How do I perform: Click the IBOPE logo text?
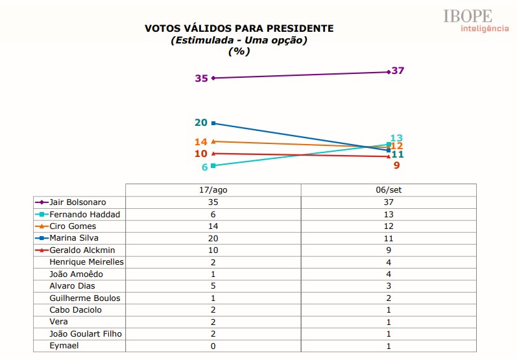click(467, 16)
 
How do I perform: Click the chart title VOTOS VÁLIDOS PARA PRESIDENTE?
click(239, 29)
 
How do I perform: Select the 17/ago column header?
click(213, 190)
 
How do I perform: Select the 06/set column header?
click(389, 190)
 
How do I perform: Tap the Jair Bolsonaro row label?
click(78, 202)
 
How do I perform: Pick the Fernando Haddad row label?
click(84, 214)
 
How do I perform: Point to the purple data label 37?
click(398, 71)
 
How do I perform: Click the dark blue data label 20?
click(200, 123)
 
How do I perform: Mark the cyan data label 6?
click(204, 167)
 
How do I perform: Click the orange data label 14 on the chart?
click(200, 141)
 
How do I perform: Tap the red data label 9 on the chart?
click(396, 165)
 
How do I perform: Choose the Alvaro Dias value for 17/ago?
click(213, 286)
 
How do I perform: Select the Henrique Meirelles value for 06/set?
click(389, 262)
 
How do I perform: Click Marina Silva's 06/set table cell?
click(389, 238)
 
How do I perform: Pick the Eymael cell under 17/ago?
click(213, 346)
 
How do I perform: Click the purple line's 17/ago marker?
click(213, 78)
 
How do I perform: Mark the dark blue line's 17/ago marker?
click(213, 123)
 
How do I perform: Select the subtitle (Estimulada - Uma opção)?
click(239, 40)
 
